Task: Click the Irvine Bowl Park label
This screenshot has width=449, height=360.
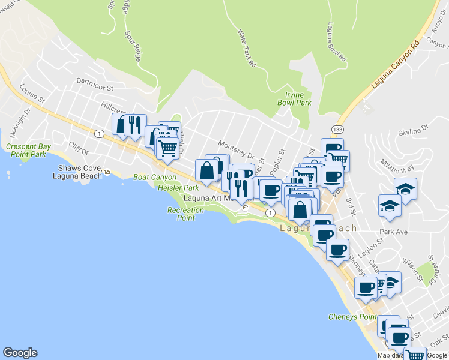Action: [294, 98]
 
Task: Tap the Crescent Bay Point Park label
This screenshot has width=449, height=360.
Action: [26, 150]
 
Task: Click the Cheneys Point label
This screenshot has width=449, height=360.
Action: [352, 316]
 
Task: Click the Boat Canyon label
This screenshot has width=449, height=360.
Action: [155, 177]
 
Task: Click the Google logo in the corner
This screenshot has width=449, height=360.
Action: [20, 353]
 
